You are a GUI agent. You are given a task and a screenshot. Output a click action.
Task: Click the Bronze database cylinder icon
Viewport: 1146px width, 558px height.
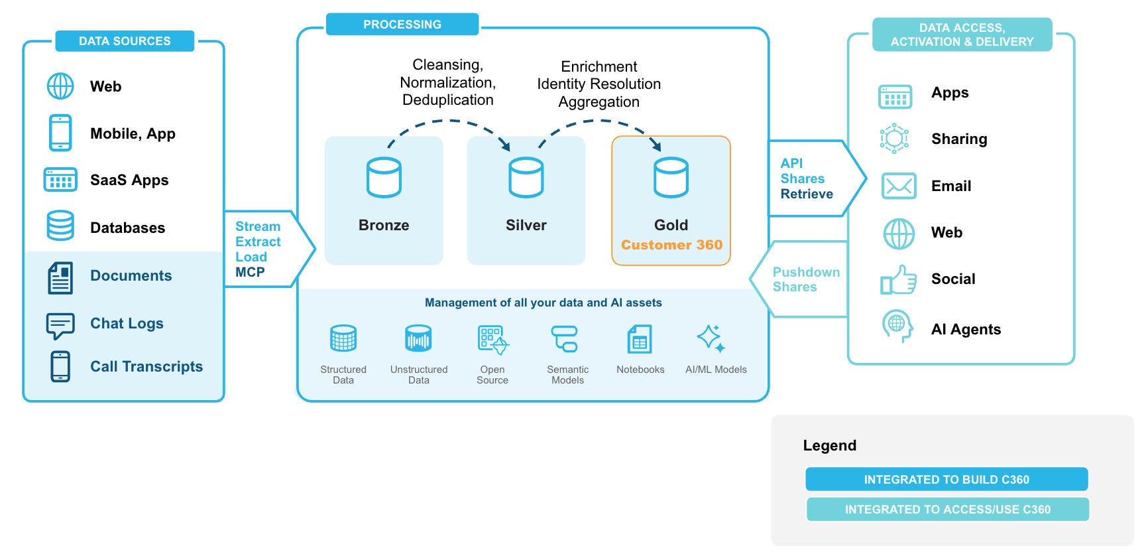pos(384,177)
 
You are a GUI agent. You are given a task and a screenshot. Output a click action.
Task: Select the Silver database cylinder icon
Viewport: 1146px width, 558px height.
pos(526,177)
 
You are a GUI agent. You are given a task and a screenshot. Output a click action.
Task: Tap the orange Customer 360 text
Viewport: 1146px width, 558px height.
pos(671,245)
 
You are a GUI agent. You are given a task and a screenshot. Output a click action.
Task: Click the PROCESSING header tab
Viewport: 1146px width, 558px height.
pos(402,25)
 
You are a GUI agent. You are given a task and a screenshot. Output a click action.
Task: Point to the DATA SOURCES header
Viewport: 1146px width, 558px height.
pos(125,41)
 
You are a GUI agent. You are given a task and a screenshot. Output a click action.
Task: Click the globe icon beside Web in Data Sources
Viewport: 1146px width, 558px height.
pos(60,86)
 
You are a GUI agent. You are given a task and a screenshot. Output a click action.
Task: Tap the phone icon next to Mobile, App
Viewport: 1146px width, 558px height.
pos(60,133)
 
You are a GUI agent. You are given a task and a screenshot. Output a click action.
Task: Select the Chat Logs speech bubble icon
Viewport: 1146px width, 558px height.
pos(60,326)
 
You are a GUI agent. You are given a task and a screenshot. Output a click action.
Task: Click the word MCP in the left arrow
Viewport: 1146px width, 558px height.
pos(250,272)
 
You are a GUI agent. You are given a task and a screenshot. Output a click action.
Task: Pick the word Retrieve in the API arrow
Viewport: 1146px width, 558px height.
pos(807,194)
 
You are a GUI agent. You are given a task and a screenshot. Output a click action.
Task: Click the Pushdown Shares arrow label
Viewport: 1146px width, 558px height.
pos(805,279)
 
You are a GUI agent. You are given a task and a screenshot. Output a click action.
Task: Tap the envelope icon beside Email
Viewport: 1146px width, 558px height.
pos(899,186)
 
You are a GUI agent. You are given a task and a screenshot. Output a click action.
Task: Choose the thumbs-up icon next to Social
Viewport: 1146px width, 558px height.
pos(898,280)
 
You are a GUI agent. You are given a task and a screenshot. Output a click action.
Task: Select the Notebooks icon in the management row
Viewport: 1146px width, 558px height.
pos(640,340)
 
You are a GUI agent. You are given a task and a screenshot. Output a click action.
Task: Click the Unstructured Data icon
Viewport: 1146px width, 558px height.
pos(418,338)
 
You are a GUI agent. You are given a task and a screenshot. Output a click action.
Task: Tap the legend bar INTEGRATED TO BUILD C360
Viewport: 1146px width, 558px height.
pos(946,479)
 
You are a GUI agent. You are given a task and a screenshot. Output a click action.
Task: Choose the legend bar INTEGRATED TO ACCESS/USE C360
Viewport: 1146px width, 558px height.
pos(947,510)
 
